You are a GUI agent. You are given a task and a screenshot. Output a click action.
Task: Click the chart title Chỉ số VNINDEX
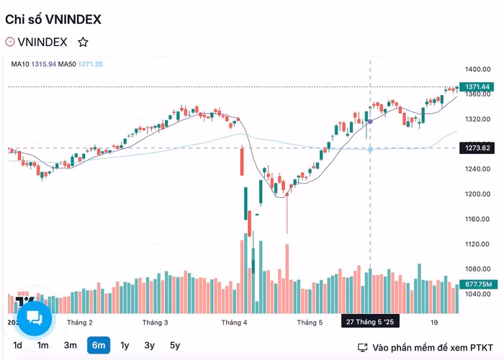53,19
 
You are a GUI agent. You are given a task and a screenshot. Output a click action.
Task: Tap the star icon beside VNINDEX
83,42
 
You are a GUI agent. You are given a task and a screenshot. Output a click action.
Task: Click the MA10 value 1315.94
43,64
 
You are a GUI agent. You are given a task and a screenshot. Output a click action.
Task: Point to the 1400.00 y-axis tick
477,69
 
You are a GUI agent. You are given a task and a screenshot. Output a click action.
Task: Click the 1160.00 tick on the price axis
477,219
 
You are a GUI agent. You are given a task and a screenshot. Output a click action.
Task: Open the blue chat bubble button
34,318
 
